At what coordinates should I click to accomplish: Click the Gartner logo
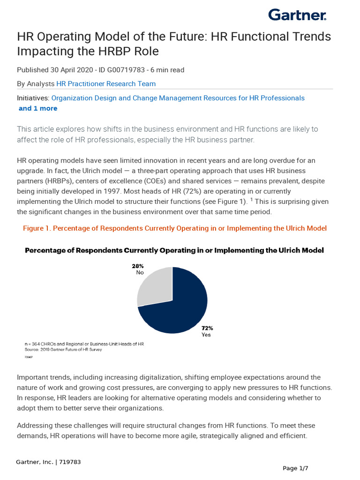coord(297,15)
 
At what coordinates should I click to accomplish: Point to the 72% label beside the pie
coord(207,328)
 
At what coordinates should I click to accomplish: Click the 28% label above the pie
coord(137,266)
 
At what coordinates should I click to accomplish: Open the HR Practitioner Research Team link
coord(106,84)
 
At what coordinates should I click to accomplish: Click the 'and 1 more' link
coord(37,108)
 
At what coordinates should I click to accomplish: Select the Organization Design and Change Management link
coord(178,98)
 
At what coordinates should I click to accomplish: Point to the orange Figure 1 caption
coord(175,228)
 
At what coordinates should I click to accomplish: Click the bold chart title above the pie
coord(174,250)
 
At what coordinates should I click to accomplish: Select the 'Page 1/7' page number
coord(295,468)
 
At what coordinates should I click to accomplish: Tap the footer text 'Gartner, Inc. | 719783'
coord(48,462)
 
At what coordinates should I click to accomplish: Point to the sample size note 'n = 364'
coord(37,344)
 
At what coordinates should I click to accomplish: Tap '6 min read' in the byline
coord(167,70)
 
